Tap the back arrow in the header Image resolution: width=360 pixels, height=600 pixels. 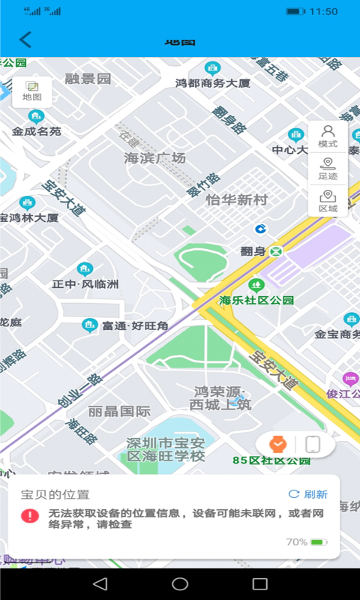click(26, 40)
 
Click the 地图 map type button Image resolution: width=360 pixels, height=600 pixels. click(32, 91)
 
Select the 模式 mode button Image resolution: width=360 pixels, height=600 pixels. click(328, 136)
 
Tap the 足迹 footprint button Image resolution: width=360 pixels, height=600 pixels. click(328, 169)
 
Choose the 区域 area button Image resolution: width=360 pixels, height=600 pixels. click(328, 202)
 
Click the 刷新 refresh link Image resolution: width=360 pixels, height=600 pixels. click(308, 494)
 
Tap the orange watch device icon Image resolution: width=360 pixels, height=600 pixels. click(277, 444)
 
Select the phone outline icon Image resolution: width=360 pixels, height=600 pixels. click(313, 444)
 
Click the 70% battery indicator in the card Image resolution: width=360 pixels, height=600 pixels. click(306, 541)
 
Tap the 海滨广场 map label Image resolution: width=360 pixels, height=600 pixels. click(154, 158)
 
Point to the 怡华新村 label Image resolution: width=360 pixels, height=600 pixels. click(237, 200)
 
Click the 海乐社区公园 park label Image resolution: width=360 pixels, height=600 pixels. click(256, 300)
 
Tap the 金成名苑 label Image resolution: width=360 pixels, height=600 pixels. click(36, 131)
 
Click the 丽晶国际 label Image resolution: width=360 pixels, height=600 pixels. click(119, 411)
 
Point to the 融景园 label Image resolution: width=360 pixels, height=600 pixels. click(88, 79)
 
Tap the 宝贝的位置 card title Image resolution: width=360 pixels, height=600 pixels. click(55, 494)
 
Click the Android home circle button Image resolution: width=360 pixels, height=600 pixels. click(180, 583)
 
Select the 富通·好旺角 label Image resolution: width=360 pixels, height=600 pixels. click(135, 325)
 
